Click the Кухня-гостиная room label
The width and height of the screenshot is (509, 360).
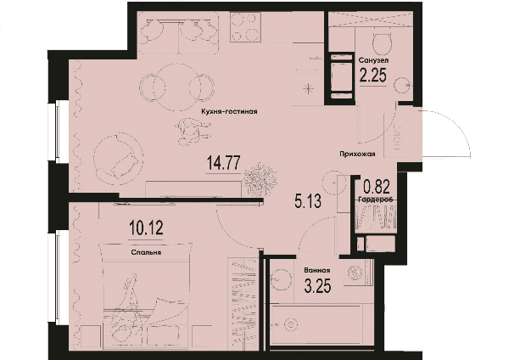pos(229,112)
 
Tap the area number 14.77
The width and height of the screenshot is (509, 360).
pos(224,162)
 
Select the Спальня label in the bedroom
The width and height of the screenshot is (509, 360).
pos(147,252)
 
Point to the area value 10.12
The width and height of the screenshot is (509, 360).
pos(146,228)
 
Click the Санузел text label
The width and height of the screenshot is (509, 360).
pos(373,60)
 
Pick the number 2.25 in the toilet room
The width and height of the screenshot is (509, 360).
pos(373,76)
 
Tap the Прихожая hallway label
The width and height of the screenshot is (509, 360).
pos(357,154)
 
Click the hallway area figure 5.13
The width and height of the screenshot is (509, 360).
pos(308,200)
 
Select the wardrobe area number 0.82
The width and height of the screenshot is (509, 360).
pos(377,187)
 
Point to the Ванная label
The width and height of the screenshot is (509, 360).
pos(317,270)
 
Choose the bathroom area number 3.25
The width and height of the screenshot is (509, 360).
pos(318,286)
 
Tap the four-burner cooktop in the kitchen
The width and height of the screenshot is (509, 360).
pos(245,27)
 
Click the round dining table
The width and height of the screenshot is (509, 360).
pos(177,87)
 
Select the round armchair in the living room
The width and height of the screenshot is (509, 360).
pos(118,156)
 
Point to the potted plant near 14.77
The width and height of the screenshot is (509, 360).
pos(260,179)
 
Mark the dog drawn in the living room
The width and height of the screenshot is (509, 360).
pos(192,130)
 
